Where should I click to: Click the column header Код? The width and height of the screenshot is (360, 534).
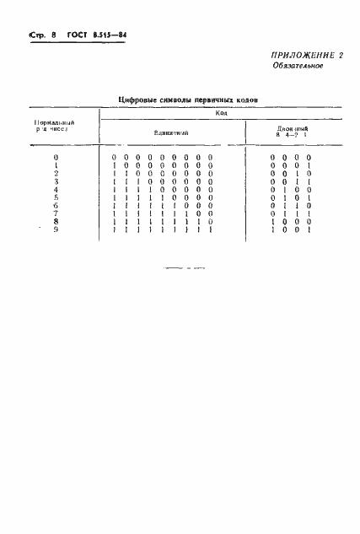221,112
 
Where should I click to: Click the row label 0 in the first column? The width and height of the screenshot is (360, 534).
56,158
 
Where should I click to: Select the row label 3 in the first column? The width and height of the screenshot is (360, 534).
56,181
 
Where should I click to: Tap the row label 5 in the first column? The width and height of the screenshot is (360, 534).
56,197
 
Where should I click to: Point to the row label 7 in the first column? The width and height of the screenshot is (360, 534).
56,213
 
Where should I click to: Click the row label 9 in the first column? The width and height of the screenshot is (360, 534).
56,229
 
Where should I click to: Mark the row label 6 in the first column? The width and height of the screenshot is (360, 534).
56,205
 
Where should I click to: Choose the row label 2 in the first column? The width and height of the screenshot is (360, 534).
56,173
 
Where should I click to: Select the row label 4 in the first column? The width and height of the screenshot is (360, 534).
56,189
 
